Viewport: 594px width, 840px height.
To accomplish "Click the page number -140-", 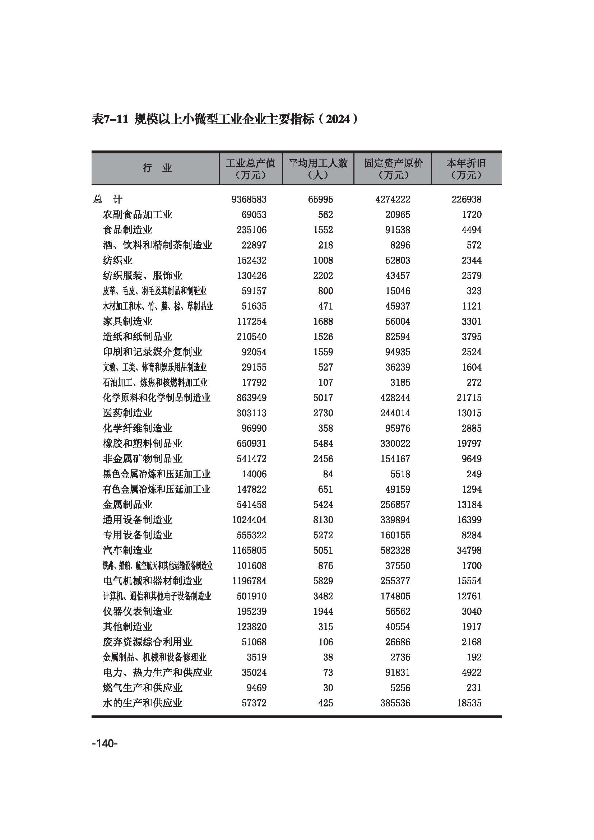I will pyautogui.click(x=105, y=743).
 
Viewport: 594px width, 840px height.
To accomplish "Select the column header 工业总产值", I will pyautogui.click(x=251, y=163).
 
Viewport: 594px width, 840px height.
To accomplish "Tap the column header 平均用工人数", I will pyautogui.click(x=318, y=163).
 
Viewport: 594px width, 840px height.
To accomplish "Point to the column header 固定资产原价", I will pyautogui.click(x=393, y=163).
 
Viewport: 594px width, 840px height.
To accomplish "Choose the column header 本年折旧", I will pyautogui.click(x=467, y=163).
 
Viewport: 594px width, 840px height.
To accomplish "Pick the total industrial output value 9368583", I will pyautogui.click(x=249, y=199).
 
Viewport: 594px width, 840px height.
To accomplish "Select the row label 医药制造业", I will pyautogui.click(x=127, y=413).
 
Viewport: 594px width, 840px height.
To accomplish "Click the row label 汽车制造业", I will pyautogui.click(x=127, y=550).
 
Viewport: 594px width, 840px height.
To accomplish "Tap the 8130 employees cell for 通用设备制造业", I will pyautogui.click(x=323, y=520).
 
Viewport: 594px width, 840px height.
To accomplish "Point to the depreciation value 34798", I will pyautogui.click(x=469, y=550).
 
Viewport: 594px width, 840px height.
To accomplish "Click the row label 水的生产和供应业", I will pyautogui.click(x=142, y=703).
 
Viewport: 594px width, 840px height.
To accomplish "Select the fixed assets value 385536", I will pyautogui.click(x=395, y=703).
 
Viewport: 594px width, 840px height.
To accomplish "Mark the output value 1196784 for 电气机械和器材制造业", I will pyautogui.click(x=249, y=581).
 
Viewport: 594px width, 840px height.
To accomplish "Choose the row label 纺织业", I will pyautogui.click(x=117, y=260).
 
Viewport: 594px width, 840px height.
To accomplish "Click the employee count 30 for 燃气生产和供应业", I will pyautogui.click(x=328, y=688).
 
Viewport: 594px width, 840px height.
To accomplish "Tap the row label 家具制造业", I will pyautogui.click(x=127, y=321).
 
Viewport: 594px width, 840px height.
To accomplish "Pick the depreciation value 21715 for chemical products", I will pyautogui.click(x=469, y=398).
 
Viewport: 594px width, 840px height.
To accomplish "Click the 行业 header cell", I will pyautogui.click(x=157, y=168).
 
